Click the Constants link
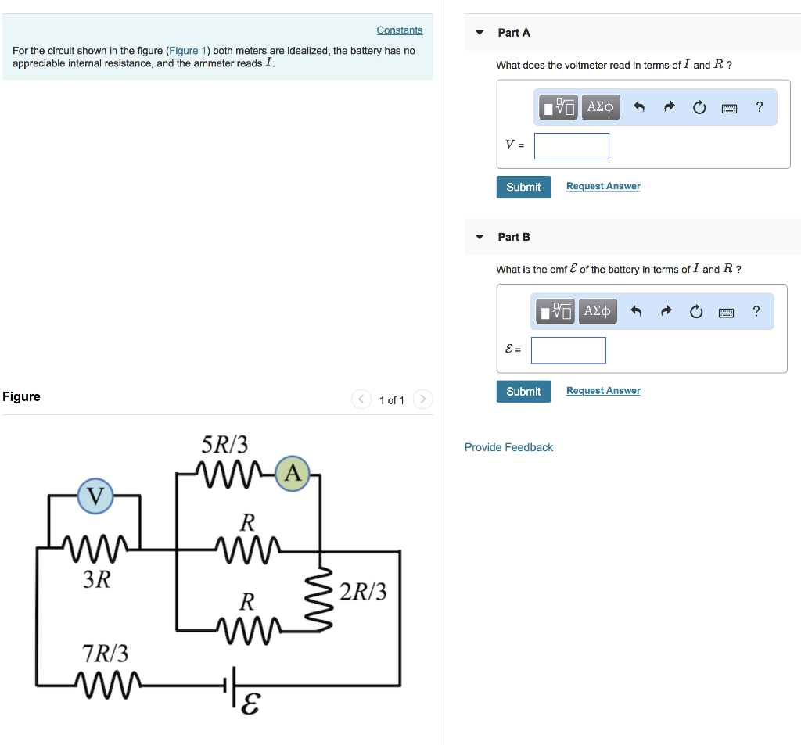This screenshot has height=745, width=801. [399, 30]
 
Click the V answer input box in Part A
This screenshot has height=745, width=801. [571, 146]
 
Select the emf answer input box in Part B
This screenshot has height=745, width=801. [568, 350]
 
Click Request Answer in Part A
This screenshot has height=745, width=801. [602, 187]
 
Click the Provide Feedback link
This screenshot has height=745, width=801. [508, 447]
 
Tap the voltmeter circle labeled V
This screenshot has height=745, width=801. [95, 496]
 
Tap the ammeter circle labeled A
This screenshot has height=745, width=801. [293, 473]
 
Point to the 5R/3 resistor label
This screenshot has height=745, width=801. [224, 445]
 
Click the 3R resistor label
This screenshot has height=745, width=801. [97, 579]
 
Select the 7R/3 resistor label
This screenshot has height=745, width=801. [106, 653]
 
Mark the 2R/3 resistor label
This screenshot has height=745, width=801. [363, 592]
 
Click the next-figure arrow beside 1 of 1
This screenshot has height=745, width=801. [422, 399]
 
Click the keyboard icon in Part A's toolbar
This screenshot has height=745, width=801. [729, 108]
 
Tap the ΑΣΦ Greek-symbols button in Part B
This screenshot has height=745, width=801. [597, 312]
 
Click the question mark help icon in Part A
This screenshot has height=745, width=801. [759, 107]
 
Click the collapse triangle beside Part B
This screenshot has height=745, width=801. [480, 237]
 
